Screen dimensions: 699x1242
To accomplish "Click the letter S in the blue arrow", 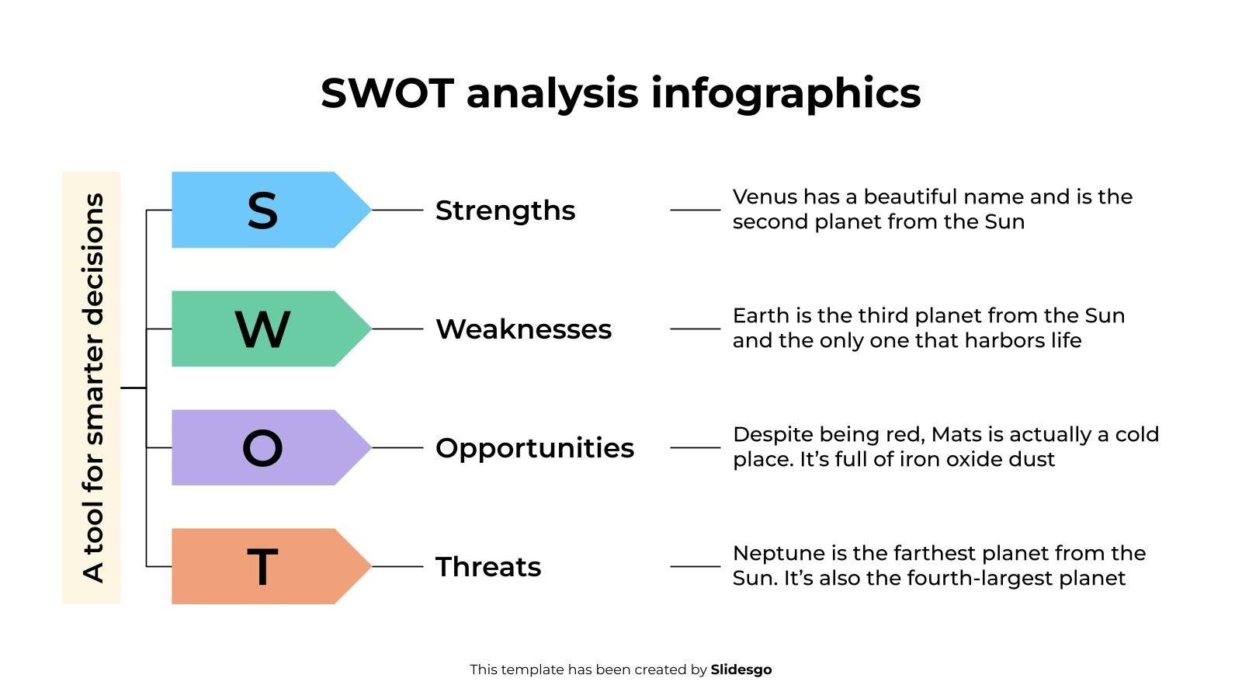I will click(262, 210).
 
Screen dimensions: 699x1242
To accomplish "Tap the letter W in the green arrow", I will click(262, 329).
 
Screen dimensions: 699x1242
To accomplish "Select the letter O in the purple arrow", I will click(262, 448).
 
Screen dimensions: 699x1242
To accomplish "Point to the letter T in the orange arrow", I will click(262, 567).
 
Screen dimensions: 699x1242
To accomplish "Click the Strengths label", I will click(505, 210).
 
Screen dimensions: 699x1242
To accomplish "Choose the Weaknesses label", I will click(523, 329).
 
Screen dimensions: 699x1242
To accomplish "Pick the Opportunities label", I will click(534, 448).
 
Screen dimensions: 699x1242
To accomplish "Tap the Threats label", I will click(487, 567).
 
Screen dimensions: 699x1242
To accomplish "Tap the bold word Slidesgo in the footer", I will click(741, 669).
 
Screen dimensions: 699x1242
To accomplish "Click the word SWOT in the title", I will click(387, 93).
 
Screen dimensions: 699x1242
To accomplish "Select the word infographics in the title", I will click(786, 93).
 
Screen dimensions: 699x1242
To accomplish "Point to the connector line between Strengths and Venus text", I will click(695, 210).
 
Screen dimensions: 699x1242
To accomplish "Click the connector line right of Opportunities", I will click(695, 447).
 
